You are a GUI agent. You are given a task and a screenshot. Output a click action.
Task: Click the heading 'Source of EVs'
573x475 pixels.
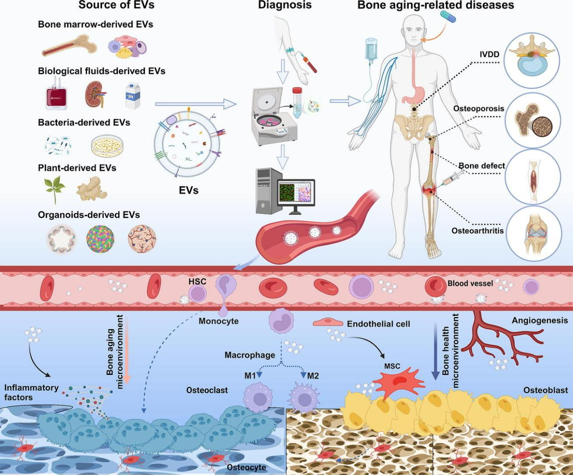pos(116,5)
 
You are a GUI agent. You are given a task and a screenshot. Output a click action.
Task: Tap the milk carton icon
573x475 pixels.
pos(133,96)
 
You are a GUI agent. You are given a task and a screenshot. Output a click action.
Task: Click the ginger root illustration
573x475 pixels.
pos(91,188)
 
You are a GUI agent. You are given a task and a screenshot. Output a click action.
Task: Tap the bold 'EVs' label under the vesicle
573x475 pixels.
pos(189,190)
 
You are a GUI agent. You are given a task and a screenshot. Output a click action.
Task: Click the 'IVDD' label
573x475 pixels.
pos(489,54)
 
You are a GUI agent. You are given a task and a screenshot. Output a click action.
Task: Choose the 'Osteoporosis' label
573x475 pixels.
pos(479,109)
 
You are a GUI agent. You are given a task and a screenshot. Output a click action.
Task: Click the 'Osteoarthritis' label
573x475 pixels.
pos(478,231)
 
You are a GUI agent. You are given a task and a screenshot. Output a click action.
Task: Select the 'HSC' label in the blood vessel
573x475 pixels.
pos(197,281)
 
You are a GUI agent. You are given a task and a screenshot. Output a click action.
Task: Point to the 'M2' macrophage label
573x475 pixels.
pos(313,375)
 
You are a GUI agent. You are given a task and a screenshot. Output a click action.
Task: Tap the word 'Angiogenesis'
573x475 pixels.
pos(540,321)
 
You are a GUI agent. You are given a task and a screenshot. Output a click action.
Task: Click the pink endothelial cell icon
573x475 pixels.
pos(328,323)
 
